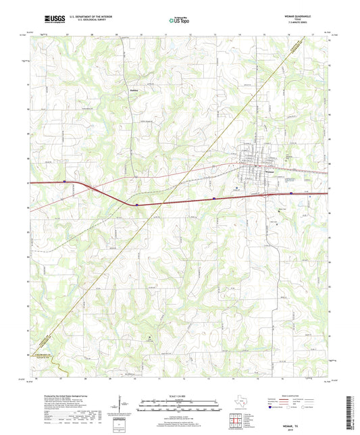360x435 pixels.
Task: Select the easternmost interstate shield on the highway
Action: coord(291,193)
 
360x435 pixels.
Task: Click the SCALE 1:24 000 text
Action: coord(180,395)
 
